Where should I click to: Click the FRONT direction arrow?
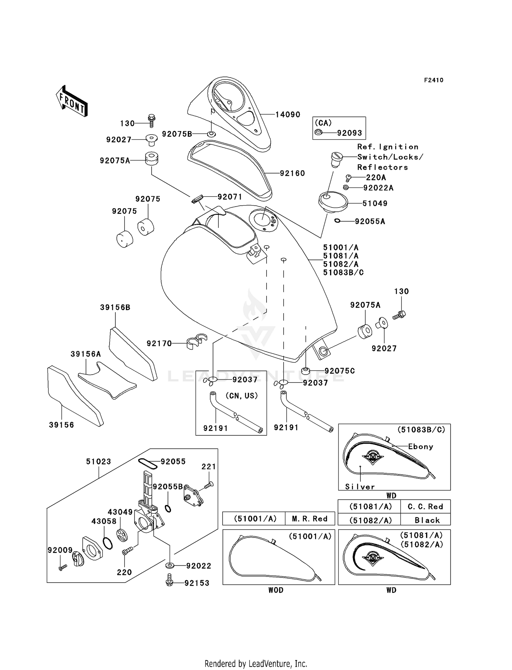click(x=72, y=101)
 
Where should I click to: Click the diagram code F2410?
click(x=433, y=80)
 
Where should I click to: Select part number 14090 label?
click(x=288, y=115)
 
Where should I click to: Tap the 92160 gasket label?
click(x=292, y=173)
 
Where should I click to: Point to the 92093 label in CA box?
click(x=349, y=133)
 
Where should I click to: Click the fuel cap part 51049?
click(x=333, y=201)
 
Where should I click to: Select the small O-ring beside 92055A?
click(x=337, y=221)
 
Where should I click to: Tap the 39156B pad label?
click(x=115, y=308)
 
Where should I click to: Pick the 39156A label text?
click(x=86, y=354)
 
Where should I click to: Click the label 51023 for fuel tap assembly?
click(x=98, y=462)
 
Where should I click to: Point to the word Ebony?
click(x=421, y=447)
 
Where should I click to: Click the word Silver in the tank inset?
click(x=360, y=487)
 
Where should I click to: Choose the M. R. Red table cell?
click(x=310, y=519)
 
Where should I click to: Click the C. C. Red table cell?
click(x=425, y=507)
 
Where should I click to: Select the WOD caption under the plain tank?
click(x=275, y=590)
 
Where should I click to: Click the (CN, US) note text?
click(x=241, y=396)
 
